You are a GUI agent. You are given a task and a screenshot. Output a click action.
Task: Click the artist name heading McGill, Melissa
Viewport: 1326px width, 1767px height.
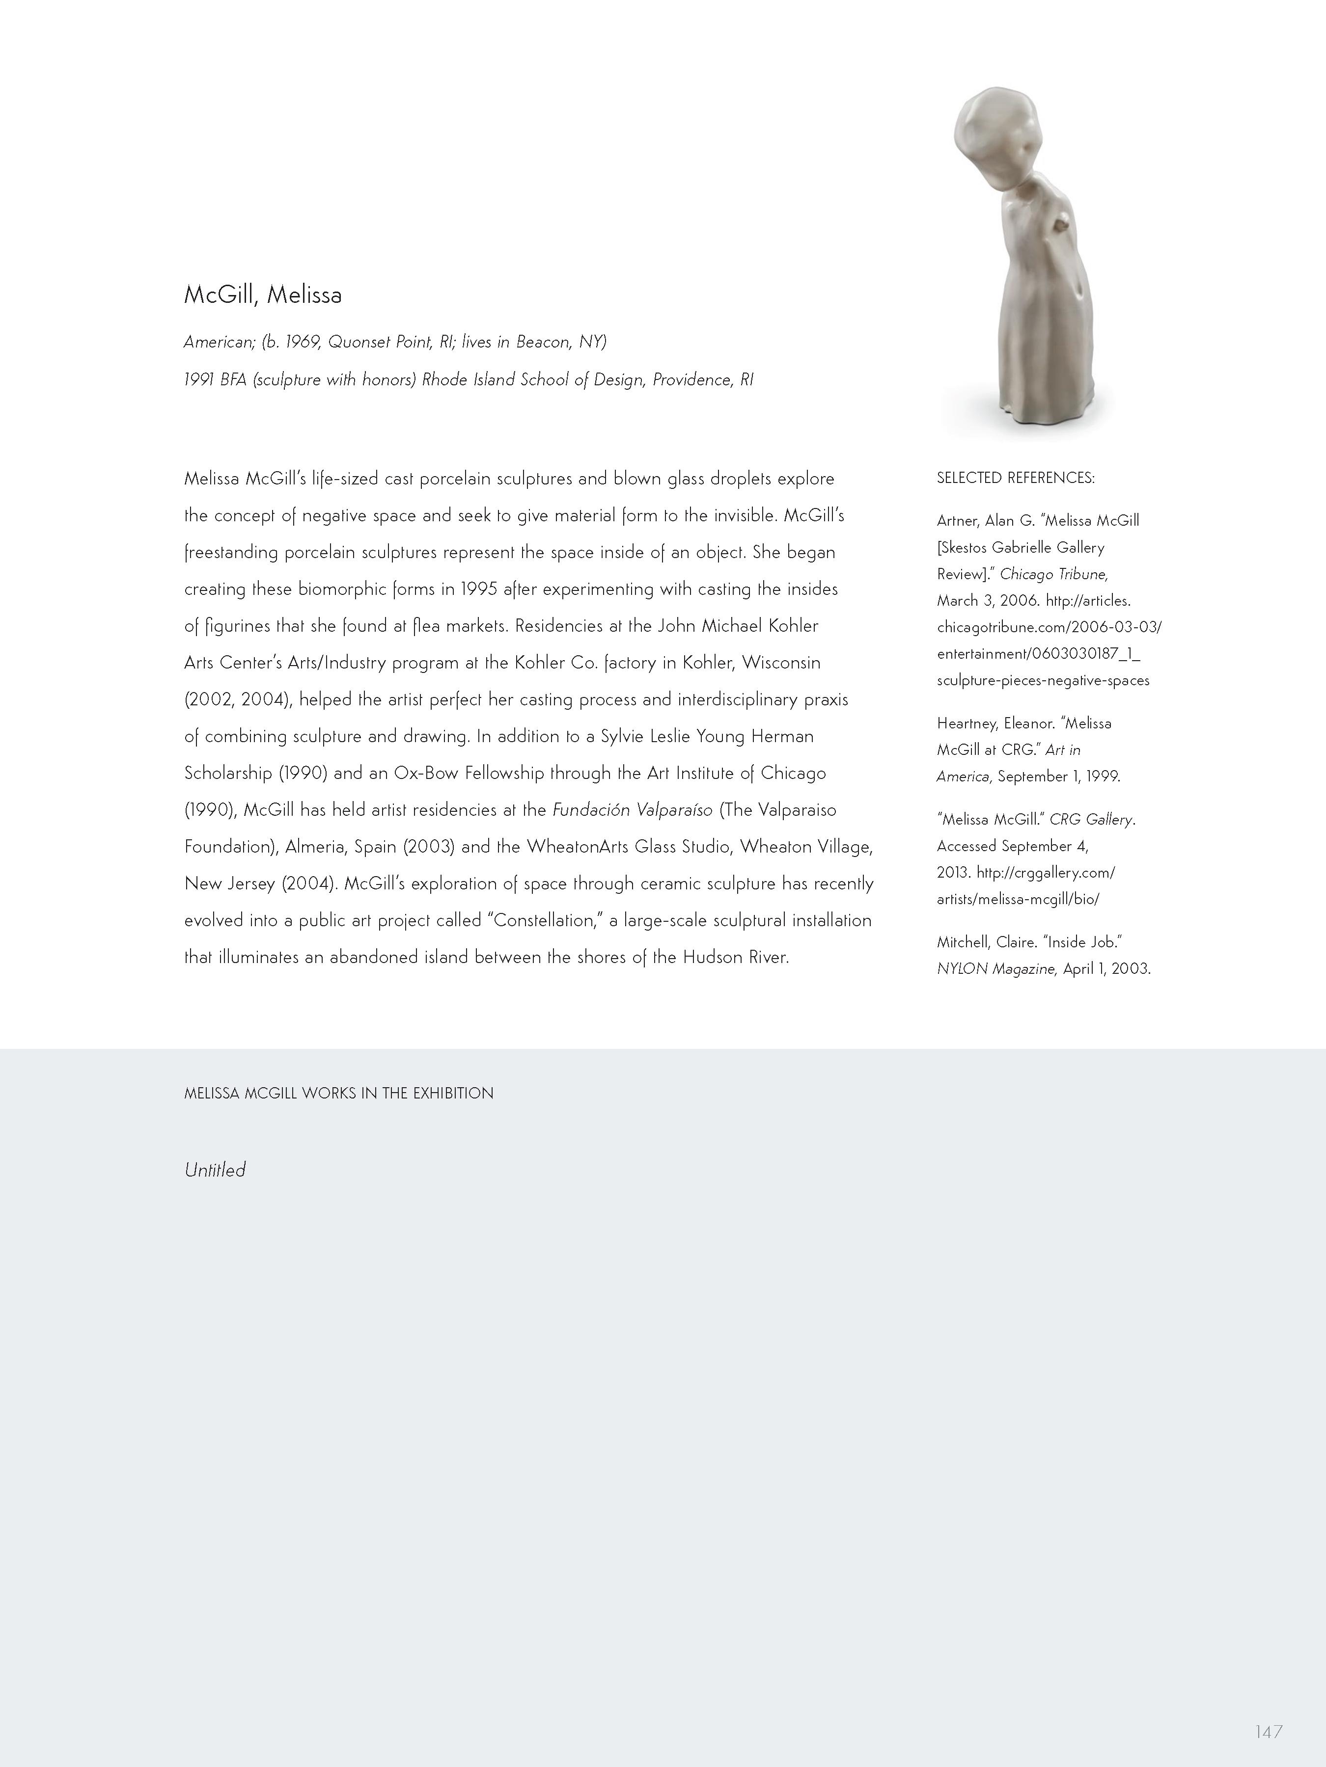click(x=263, y=295)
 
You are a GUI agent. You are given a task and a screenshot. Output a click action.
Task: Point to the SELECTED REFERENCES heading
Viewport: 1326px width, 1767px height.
click(x=1015, y=478)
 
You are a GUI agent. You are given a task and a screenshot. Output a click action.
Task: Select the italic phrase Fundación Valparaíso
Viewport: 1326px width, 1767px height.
click(x=632, y=810)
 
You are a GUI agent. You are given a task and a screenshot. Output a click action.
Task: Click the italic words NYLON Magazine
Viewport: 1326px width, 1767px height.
click(x=996, y=969)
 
